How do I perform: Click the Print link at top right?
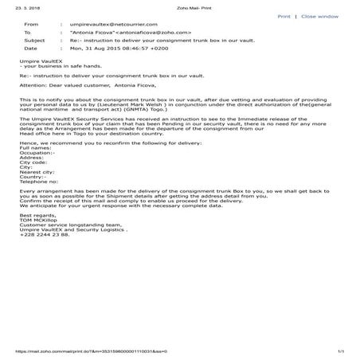point(284,16)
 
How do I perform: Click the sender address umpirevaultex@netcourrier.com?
point(108,25)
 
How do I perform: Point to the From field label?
point(32,25)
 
